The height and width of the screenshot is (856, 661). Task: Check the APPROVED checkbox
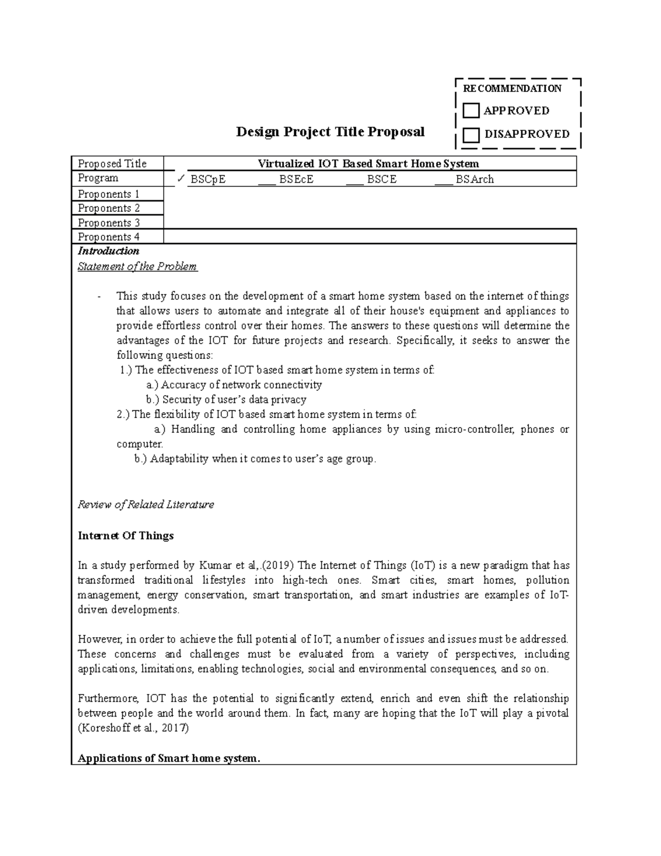[x=471, y=111]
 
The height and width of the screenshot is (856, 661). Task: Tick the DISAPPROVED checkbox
[x=471, y=134]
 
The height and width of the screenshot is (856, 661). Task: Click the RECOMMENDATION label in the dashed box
[x=512, y=88]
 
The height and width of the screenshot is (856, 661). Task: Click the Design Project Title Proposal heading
[x=330, y=132]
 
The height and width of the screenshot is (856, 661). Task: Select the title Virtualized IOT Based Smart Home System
[x=369, y=164]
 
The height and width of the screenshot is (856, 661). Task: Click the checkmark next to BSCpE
[x=181, y=179]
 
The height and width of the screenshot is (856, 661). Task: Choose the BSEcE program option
[x=296, y=179]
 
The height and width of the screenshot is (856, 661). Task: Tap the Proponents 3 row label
[x=109, y=223]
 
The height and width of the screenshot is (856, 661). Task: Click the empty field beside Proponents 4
[x=369, y=237]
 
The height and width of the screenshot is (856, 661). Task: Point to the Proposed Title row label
[x=112, y=164]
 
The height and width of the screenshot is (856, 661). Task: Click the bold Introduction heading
[x=109, y=251]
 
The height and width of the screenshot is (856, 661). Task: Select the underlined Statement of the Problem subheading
[x=137, y=267]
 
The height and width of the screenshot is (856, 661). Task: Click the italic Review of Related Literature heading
[x=145, y=504]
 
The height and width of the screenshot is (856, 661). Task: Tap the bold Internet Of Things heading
[x=126, y=536]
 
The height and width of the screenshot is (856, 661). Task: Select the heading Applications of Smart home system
[x=169, y=758]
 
